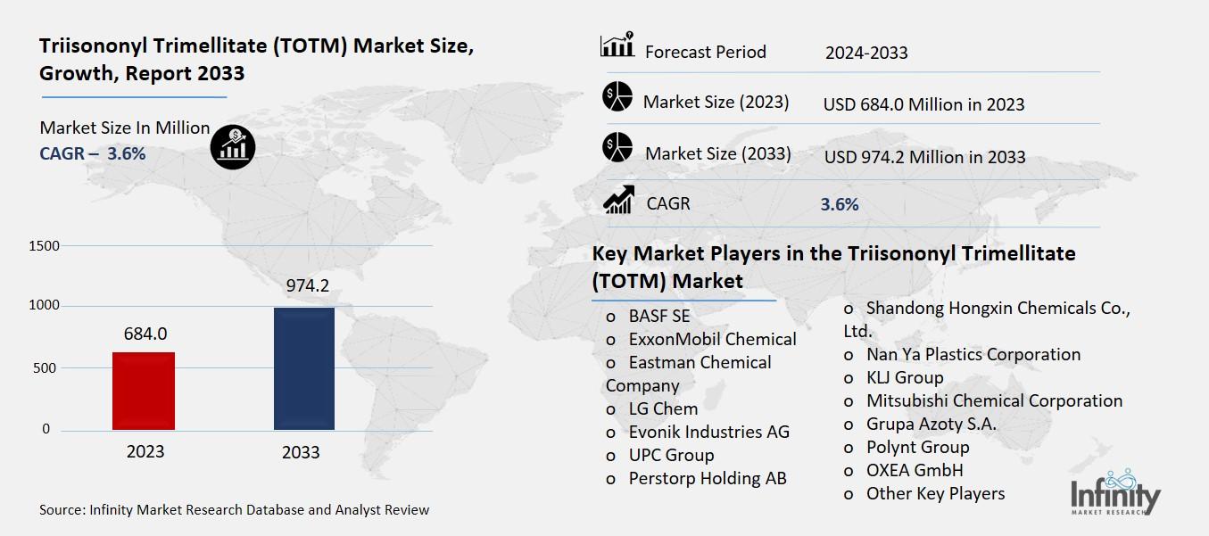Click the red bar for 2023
coord(144,391)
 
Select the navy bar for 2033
coord(303,368)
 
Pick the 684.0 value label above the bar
coord(145,334)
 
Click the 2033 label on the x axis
coord(301,452)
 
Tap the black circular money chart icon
coord(233,144)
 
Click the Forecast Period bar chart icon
coord(617,45)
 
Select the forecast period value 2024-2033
coord(865,53)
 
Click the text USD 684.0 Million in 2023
coord(923,104)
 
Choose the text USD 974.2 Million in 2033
coord(924,157)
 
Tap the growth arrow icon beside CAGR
coord(617,200)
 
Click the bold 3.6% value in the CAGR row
coord(839,204)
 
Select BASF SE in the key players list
coord(658,316)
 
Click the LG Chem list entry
coord(663,408)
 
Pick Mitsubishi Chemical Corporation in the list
coord(993,400)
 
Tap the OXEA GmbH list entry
coord(914,470)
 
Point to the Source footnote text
coord(234,510)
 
